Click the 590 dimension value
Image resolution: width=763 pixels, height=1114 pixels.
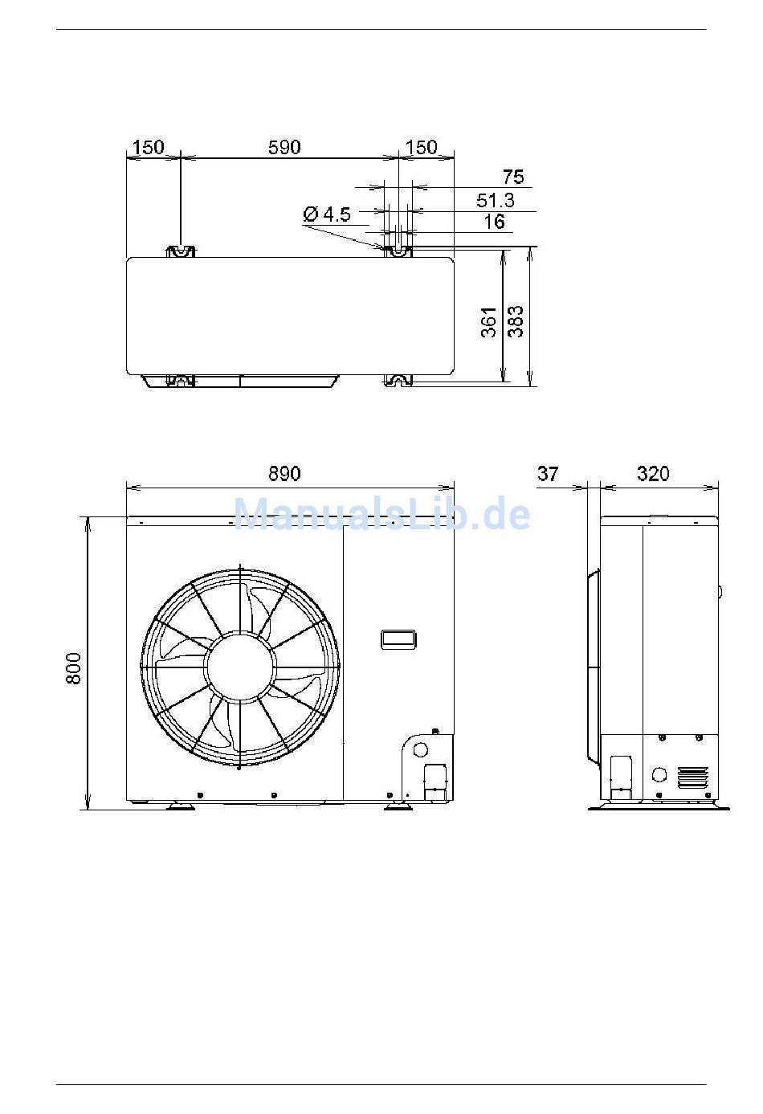click(x=284, y=147)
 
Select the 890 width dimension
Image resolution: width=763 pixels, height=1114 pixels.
click(x=284, y=473)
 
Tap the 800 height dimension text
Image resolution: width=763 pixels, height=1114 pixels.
click(x=74, y=668)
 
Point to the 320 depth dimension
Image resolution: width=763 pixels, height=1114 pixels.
click(x=653, y=473)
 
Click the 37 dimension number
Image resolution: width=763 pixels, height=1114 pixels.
click(x=548, y=473)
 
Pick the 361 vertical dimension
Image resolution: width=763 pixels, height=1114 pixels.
click(x=489, y=322)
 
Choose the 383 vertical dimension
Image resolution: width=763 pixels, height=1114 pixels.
click(x=516, y=322)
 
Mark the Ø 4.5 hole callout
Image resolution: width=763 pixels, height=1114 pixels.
click(x=327, y=214)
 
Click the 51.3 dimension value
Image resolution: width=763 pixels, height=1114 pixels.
click(x=496, y=200)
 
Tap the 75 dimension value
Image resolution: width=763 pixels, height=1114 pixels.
click(x=513, y=177)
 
